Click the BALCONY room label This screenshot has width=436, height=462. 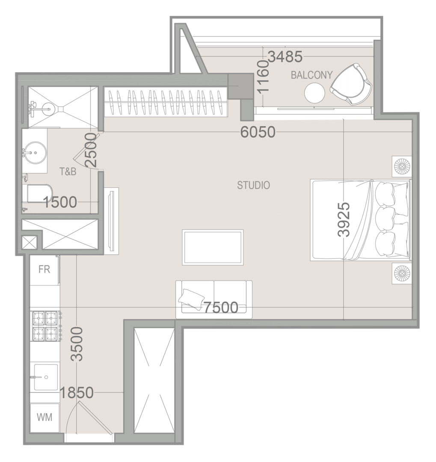pos(311,75)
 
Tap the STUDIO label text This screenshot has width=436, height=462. pos(254,185)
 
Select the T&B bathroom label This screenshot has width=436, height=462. pos(68,172)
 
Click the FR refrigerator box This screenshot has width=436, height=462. pos(44,269)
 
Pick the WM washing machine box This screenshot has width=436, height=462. pos(44,418)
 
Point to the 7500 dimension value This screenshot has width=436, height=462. pos(221,308)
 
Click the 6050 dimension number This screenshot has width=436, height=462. pos(258,132)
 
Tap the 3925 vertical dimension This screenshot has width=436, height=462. pos(344,219)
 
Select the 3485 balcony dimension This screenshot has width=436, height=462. pos(285,57)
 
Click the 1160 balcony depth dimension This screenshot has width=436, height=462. pos(263,76)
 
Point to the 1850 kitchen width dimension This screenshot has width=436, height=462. pos(77,393)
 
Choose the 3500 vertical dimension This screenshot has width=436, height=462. pos(77,344)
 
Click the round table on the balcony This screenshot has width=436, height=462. pos(314,93)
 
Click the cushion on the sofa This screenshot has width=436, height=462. pos(191,298)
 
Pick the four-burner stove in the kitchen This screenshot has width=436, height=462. pos(46,326)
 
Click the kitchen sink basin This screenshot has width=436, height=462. pos(46,377)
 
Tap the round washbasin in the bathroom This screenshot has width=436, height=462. pos(35,152)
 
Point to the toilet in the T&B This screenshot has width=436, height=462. pos(38,194)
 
